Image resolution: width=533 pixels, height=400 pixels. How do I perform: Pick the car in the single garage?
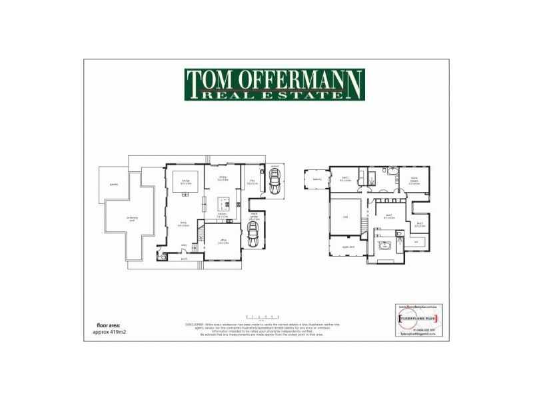[253, 233]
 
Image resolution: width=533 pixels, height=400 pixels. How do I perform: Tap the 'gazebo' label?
[114, 185]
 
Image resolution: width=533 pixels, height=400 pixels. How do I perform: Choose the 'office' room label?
[223, 241]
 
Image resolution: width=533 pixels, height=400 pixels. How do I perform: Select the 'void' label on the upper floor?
[345, 217]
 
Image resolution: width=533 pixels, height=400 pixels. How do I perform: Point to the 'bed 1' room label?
[387, 215]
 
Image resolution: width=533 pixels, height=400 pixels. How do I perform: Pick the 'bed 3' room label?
[419, 224]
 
